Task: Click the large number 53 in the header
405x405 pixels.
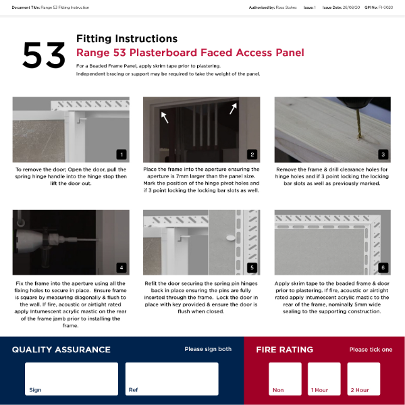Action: [44, 55]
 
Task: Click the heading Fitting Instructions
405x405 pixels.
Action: [127, 38]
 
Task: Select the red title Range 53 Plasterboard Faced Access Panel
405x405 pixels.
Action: [190, 53]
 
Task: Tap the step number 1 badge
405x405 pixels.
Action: [122, 154]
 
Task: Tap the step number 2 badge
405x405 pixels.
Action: [252, 154]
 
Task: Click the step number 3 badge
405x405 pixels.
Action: [383, 154]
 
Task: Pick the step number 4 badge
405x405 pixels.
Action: [122, 267]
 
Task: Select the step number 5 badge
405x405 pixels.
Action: [252, 267]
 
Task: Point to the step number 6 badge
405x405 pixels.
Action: [383, 267]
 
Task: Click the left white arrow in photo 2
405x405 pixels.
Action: [164, 117]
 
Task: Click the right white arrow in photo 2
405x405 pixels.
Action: [234, 109]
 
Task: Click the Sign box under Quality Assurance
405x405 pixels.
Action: [71, 379]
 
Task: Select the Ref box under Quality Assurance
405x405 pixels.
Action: [171, 379]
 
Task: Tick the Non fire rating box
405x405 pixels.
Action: [286, 379]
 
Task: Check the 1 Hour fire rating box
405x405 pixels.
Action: [324, 379]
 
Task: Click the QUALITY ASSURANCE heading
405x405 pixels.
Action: [61, 350]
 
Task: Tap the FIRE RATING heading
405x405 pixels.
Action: [284, 350]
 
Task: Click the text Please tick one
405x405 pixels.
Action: [371, 350]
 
